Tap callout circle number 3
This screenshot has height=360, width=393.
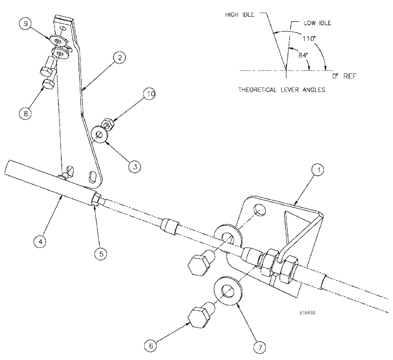tap(134, 167)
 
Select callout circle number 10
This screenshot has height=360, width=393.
tap(151, 95)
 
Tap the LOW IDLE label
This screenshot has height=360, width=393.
tap(317, 23)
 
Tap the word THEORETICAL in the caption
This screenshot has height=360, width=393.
tap(256, 90)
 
